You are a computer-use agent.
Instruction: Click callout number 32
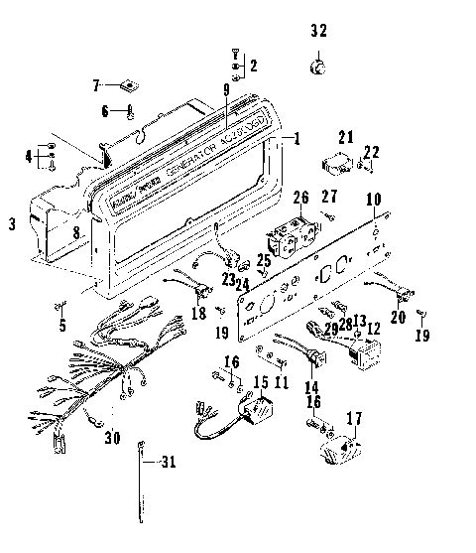[317, 31]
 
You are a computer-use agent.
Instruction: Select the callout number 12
[373, 329]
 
